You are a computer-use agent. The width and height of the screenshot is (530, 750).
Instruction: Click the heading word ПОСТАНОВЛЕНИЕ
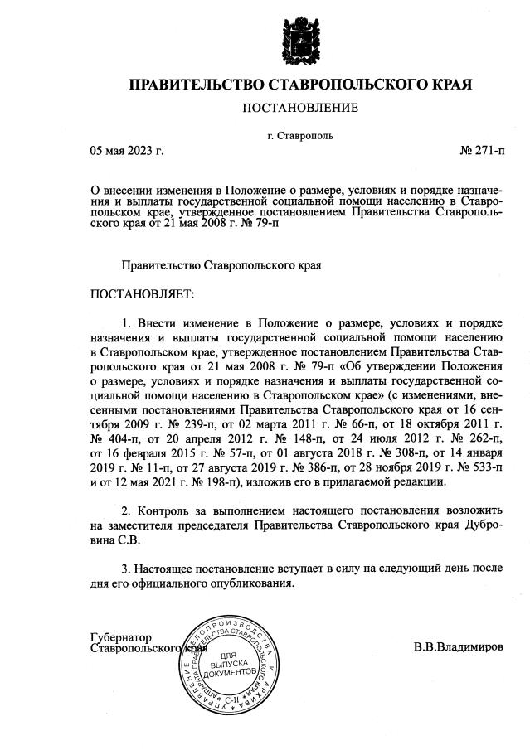pos(300,108)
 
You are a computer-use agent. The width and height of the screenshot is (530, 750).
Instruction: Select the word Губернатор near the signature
pos(121,636)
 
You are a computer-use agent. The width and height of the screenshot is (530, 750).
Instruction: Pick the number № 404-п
pos(114,436)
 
